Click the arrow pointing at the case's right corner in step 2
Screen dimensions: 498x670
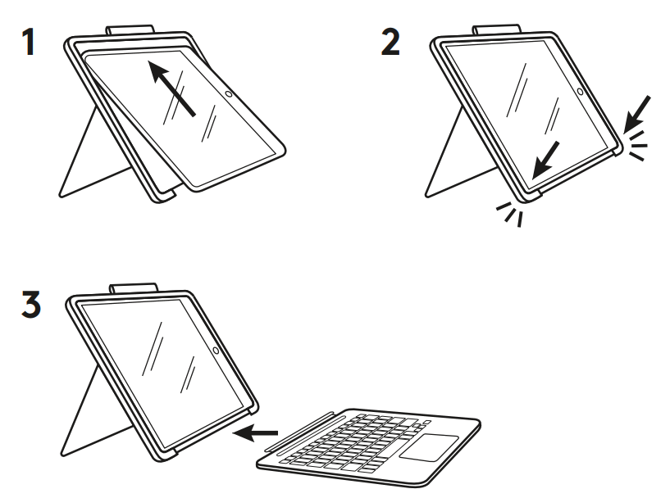[639, 111]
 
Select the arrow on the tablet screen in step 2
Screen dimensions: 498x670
[545, 159]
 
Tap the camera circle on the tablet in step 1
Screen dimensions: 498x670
[231, 96]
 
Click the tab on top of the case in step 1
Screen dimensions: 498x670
[130, 31]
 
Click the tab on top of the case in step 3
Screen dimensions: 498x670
[134, 288]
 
